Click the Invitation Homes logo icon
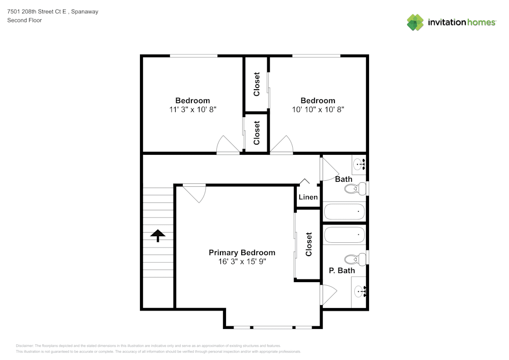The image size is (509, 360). click(415, 22)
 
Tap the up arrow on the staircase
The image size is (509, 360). click(158, 235)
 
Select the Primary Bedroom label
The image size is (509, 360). click(242, 253)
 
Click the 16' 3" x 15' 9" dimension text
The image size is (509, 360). click(242, 261)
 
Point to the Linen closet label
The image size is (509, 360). click(308, 197)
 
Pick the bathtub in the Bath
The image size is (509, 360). click(345, 211)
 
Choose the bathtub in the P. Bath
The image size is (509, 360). click(345, 235)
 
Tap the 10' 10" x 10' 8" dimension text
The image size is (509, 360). click(318, 109)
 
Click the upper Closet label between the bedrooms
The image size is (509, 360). click(257, 84)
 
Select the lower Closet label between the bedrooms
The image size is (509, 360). click(257, 132)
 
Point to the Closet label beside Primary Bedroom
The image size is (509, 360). click(308, 244)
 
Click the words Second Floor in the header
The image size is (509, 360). click(24, 20)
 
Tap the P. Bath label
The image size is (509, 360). click(342, 270)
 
